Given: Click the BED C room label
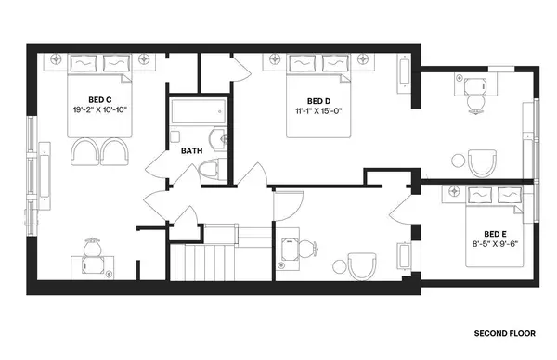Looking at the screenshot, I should pyautogui.click(x=100, y=99).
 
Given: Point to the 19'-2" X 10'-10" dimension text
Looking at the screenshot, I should pyautogui.click(x=100, y=109).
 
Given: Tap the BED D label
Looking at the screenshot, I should pyautogui.click(x=318, y=101).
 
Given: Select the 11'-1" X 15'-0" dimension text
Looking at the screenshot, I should pyautogui.click(x=318, y=111).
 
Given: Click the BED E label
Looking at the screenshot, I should pyautogui.click(x=496, y=234).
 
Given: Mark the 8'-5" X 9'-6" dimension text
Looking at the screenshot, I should pyautogui.click(x=496, y=245).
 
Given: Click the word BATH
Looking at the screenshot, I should pyautogui.click(x=191, y=150).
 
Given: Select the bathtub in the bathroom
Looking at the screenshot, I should pyautogui.click(x=196, y=114).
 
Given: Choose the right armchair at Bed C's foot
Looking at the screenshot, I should pyautogui.click(x=114, y=150).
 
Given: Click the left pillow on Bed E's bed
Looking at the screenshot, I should pyautogui.click(x=482, y=197).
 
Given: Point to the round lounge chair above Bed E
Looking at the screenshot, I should pyautogui.click(x=484, y=165).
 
